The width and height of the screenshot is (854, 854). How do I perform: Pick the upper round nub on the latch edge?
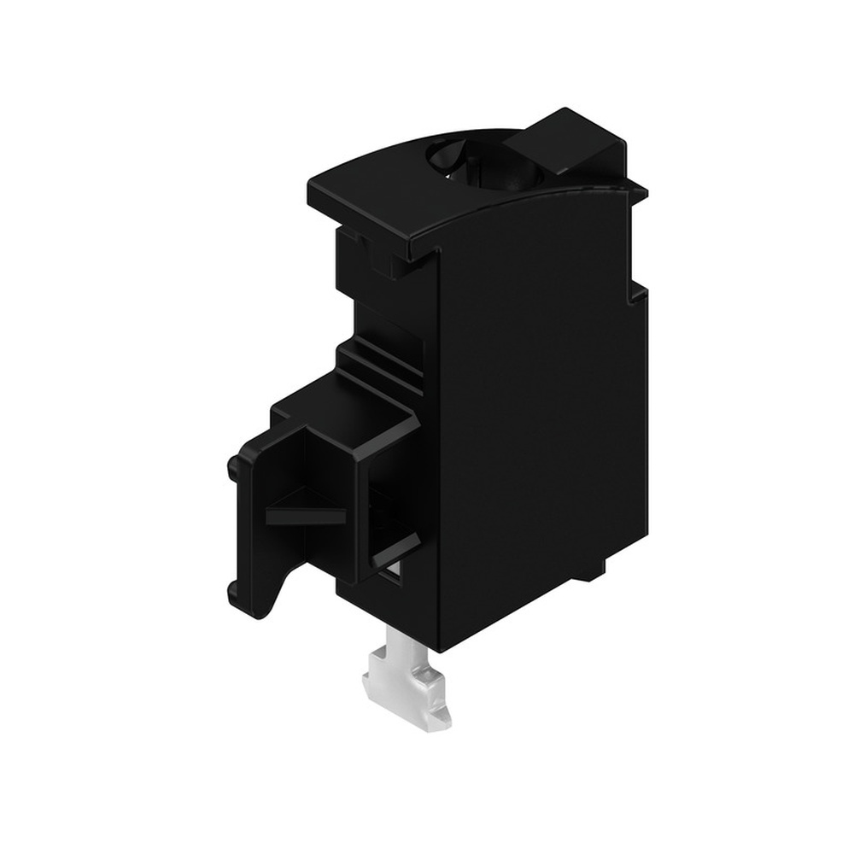[233, 466]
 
